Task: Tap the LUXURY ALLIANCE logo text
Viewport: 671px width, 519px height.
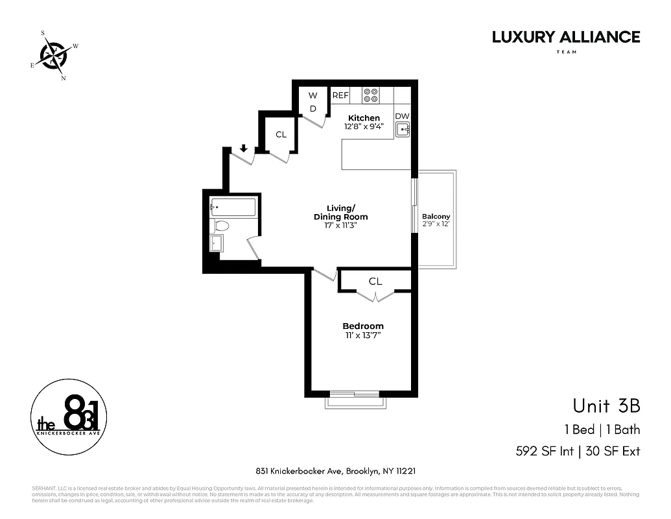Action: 565,37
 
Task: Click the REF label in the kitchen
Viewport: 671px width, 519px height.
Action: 340,95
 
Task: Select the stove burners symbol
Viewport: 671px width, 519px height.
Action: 371,95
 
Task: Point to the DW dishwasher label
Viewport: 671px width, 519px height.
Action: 402,115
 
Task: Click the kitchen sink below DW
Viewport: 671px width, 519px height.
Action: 403,129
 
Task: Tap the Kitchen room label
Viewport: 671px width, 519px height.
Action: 364,117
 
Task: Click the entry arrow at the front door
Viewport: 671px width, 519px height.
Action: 244,149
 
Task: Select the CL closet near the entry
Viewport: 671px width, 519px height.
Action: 281,135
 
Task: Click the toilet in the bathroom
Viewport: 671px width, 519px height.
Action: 220,226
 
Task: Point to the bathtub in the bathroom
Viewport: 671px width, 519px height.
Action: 233,208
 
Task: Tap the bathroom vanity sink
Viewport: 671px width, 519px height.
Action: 217,243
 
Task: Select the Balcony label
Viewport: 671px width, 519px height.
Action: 436,217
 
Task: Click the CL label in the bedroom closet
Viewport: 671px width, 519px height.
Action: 375,281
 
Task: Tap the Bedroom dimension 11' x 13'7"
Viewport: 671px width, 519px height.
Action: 362,336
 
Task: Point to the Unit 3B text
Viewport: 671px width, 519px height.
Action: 606,406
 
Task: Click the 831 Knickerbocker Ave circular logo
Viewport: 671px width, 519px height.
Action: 68,415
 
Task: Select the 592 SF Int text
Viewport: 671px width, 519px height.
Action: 544,450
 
